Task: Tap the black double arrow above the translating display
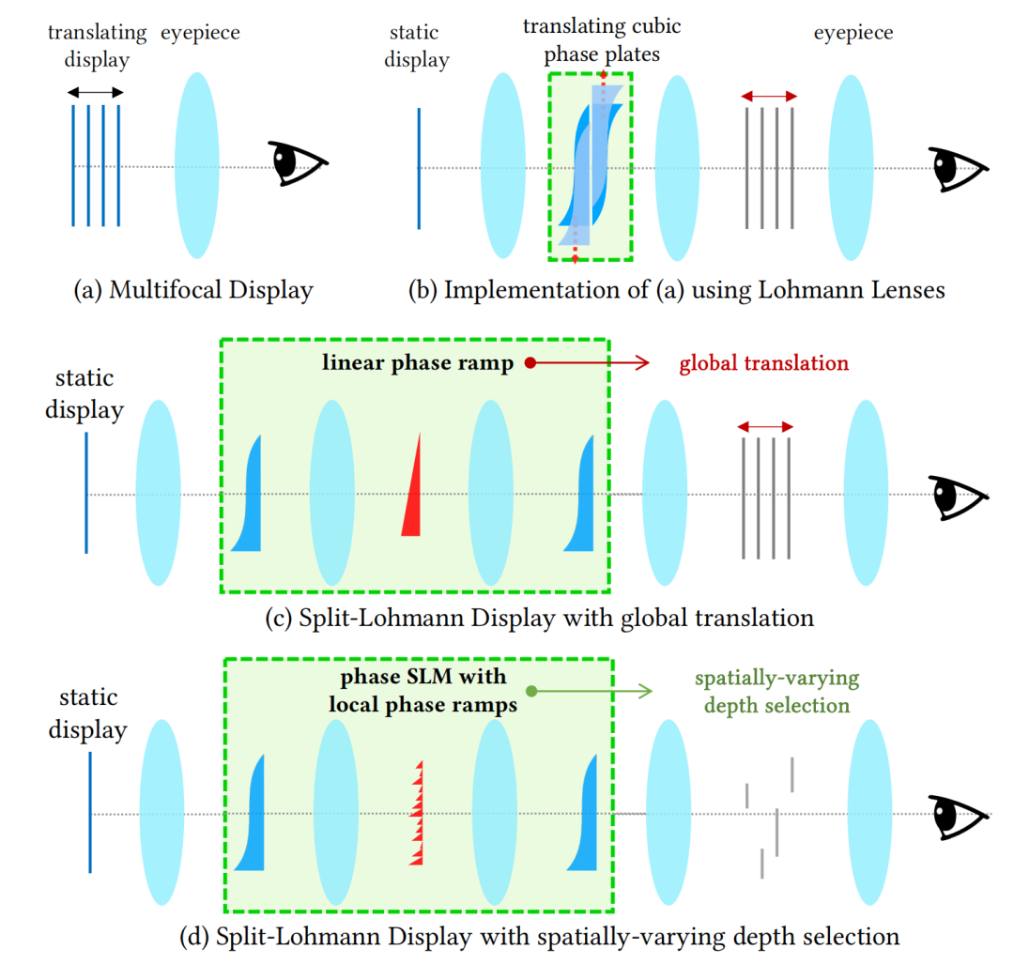click(x=95, y=92)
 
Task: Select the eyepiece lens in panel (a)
click(x=196, y=165)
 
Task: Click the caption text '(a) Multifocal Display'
click(x=192, y=290)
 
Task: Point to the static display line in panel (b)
click(x=419, y=168)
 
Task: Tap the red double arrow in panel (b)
click(x=769, y=96)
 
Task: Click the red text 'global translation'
click(x=762, y=362)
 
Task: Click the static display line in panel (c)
click(x=86, y=492)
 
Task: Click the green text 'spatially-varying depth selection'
click(x=776, y=691)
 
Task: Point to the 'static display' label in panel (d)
click(x=88, y=713)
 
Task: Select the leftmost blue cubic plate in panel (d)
click(x=251, y=812)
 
